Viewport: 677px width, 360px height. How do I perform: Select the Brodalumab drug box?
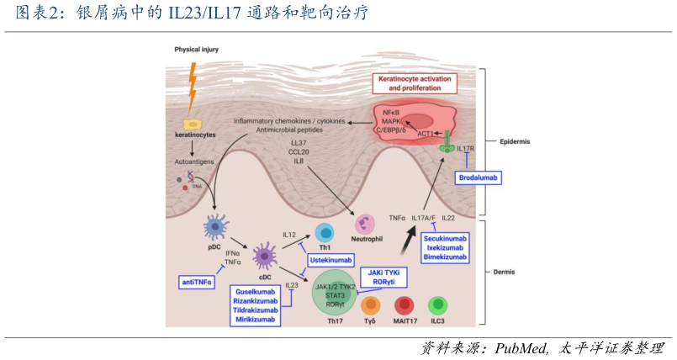(x=479, y=178)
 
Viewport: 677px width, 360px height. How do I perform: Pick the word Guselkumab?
(x=255, y=291)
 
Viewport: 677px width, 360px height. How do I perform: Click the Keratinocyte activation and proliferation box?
(x=415, y=83)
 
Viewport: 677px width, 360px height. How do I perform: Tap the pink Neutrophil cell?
(x=367, y=223)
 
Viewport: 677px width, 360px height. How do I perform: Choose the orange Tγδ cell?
(x=371, y=306)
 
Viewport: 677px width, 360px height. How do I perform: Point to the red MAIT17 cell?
(x=405, y=306)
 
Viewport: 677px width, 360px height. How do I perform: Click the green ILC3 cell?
(x=437, y=305)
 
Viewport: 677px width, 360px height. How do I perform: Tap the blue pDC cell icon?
(x=215, y=225)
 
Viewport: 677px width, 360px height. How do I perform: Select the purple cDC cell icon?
(x=266, y=255)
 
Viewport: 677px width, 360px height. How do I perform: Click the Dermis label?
(x=507, y=272)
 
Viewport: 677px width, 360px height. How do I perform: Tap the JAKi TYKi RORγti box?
(x=383, y=278)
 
